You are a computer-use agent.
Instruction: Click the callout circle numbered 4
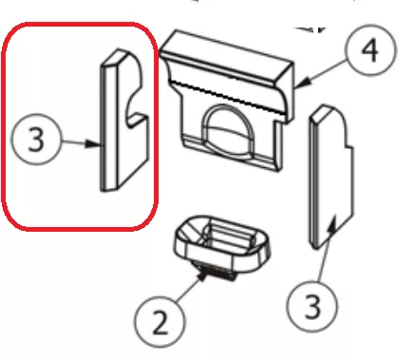coord(370,49)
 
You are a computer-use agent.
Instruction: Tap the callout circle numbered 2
coord(160,322)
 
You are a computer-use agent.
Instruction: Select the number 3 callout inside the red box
coord(35,139)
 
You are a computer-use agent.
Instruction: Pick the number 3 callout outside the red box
coord(312,305)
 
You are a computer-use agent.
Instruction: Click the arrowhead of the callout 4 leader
coord(303,84)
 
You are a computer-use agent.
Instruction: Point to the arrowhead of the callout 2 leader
coord(202,277)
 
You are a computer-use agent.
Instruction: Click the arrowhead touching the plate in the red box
coord(94,144)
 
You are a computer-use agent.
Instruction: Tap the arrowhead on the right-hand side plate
coord(331,224)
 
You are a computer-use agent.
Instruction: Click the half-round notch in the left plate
coord(135,107)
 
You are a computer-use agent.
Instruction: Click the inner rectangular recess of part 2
coord(229,236)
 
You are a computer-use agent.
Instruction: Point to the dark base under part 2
coord(217,273)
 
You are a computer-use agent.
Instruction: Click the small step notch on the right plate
coord(349,146)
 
